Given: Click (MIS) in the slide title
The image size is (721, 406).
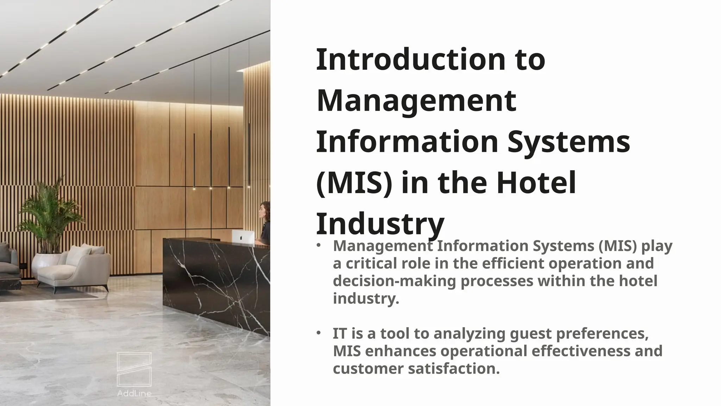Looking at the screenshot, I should (x=354, y=183).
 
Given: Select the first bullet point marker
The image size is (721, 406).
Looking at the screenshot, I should (x=318, y=245).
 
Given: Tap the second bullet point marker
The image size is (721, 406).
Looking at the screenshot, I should (x=318, y=333).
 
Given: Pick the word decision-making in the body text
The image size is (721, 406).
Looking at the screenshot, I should (x=394, y=281).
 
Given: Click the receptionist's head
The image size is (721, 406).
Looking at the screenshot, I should (x=264, y=211).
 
